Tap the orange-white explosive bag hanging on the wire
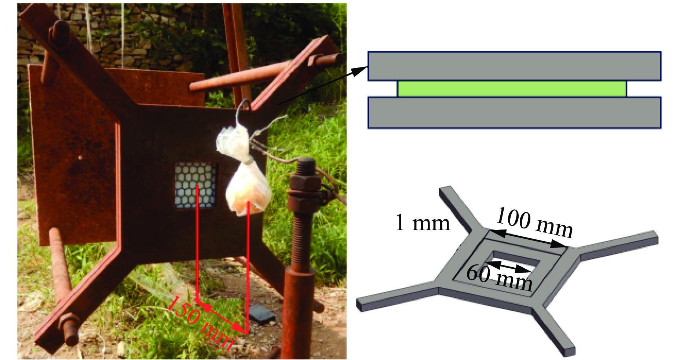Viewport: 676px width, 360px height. pyautogui.click(x=248, y=191)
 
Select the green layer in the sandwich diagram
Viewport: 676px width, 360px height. pyautogui.click(x=512, y=88)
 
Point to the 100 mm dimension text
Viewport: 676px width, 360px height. pyautogui.click(x=534, y=222)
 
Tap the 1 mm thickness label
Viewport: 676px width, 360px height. pyautogui.click(x=422, y=223)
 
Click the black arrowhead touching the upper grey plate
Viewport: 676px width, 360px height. pyautogui.click(x=361, y=70)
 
